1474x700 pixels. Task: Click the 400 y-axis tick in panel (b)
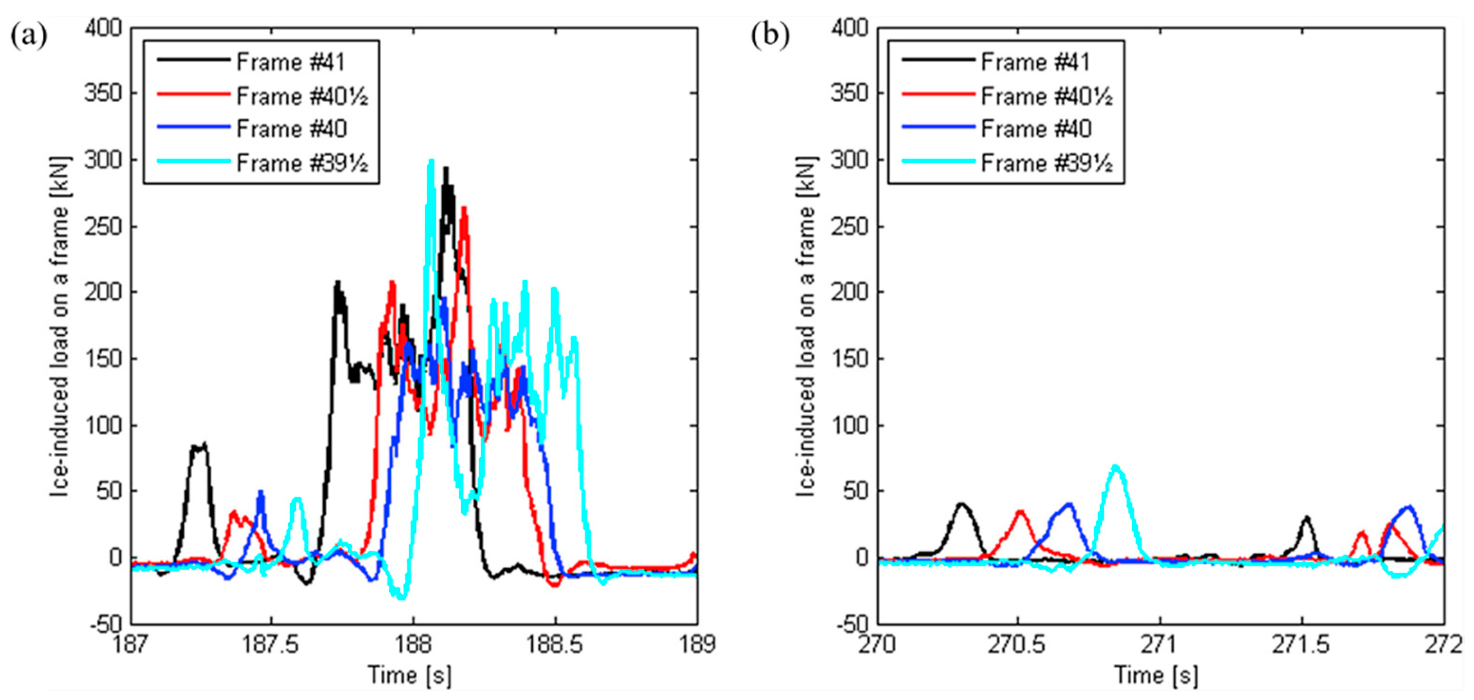click(x=849, y=28)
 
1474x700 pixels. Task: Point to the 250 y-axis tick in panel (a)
click(x=103, y=227)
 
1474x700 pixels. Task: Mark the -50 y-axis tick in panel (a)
click(x=105, y=624)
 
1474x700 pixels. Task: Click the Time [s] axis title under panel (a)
click(x=409, y=675)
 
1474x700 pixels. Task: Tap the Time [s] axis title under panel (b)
click(x=1155, y=675)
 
